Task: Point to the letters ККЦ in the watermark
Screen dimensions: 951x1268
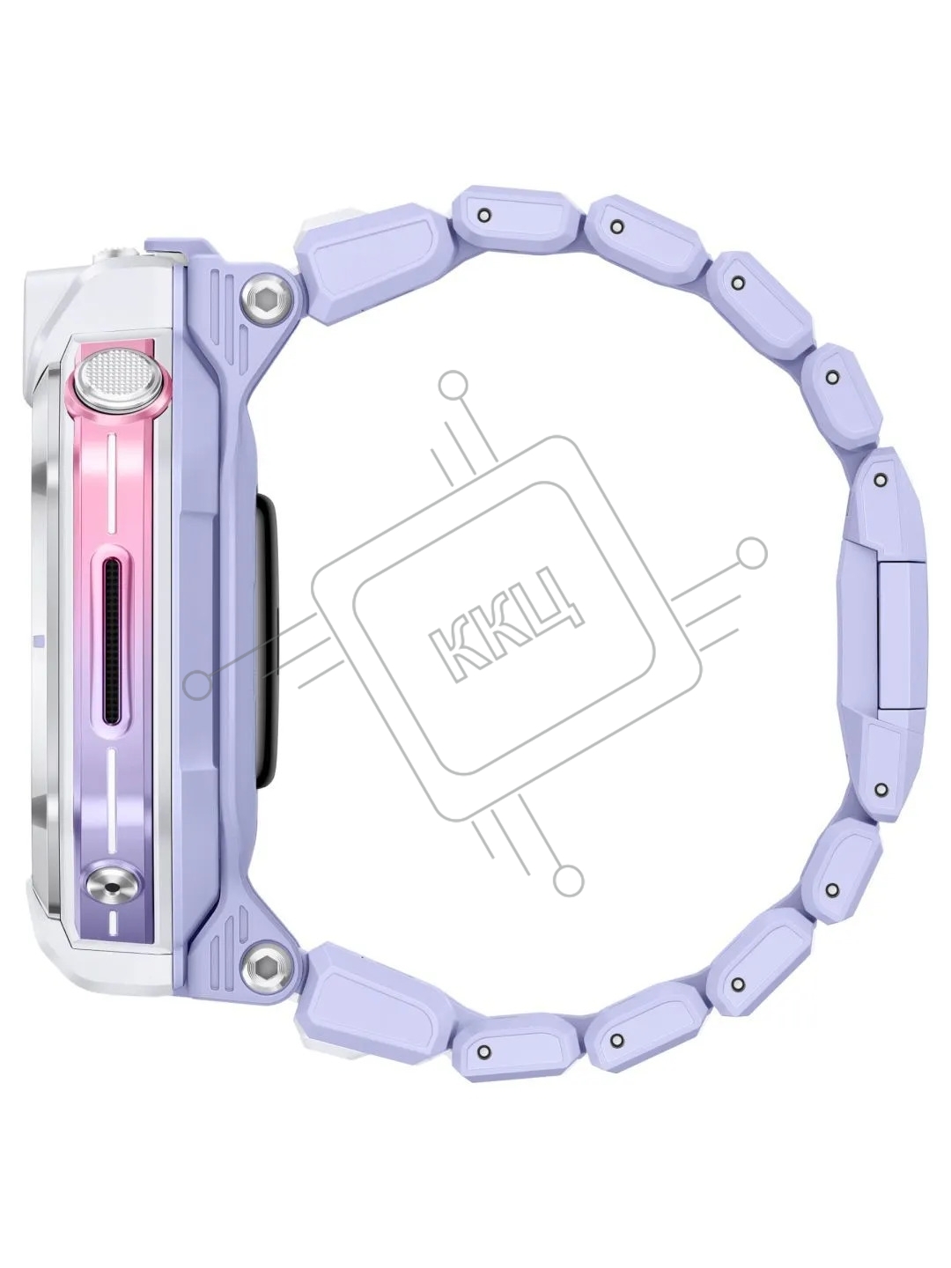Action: (x=506, y=625)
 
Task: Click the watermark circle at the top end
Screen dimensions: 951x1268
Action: (x=452, y=386)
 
